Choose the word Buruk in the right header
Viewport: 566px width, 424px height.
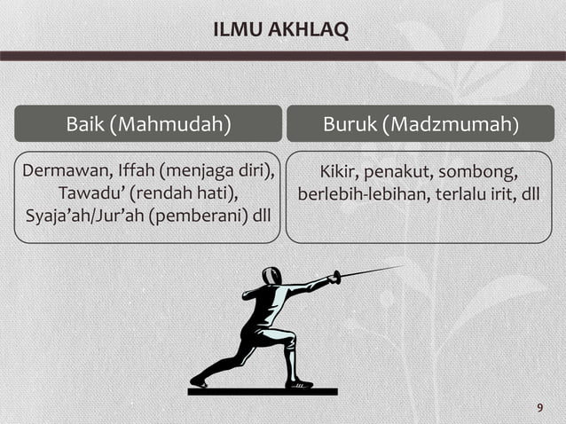(x=350, y=124)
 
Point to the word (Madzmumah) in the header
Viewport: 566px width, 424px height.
(x=452, y=124)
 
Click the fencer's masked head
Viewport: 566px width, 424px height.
(x=272, y=275)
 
